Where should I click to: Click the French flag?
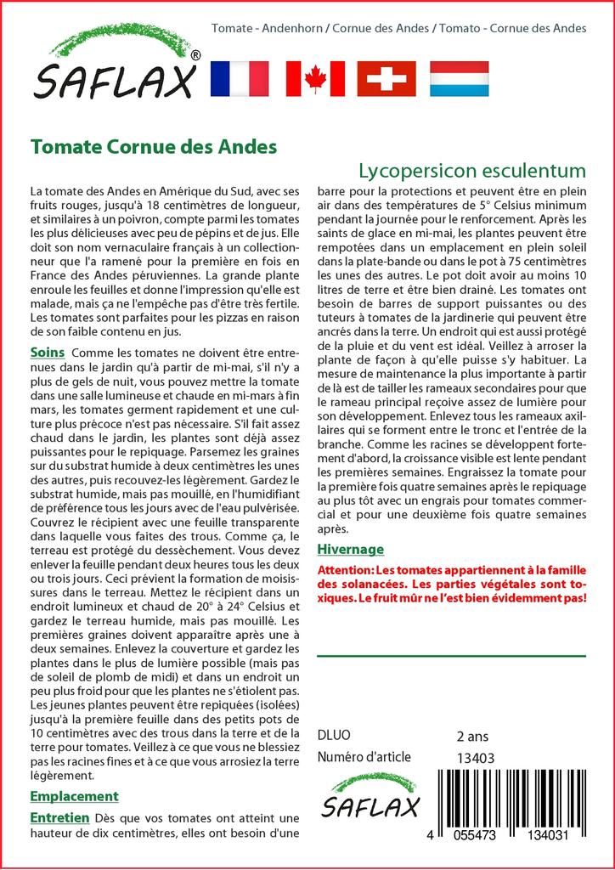pyautogui.click(x=239, y=78)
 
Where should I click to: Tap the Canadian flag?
pyautogui.click(x=315, y=78)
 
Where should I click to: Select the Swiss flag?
pyautogui.click(x=386, y=78)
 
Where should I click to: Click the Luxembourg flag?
pyautogui.click(x=459, y=78)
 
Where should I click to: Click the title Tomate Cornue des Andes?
pyautogui.click(x=154, y=146)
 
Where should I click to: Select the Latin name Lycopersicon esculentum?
pyautogui.click(x=472, y=169)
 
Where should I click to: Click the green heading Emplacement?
pyautogui.click(x=74, y=796)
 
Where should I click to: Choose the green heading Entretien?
pyautogui.click(x=59, y=817)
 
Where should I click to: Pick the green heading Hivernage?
pyautogui.click(x=350, y=549)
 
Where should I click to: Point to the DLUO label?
pyautogui.click(x=333, y=735)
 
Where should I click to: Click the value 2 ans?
pyautogui.click(x=472, y=736)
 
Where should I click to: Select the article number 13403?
pyautogui.click(x=475, y=758)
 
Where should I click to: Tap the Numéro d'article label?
pyautogui.click(x=364, y=757)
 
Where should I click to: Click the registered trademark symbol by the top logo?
pyautogui.click(x=196, y=55)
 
